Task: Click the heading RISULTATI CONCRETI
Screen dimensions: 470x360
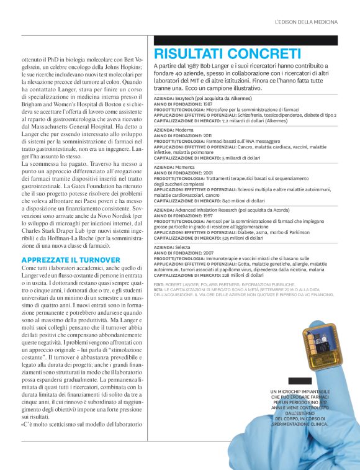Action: [x=227, y=54]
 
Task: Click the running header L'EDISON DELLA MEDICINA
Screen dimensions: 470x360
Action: [x=307, y=22]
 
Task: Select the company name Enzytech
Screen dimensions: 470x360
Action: [x=184, y=99]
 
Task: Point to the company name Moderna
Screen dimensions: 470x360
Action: [x=182, y=130]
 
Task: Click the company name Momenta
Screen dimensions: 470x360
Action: [x=183, y=167]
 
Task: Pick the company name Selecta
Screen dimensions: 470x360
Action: [x=181, y=247]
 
